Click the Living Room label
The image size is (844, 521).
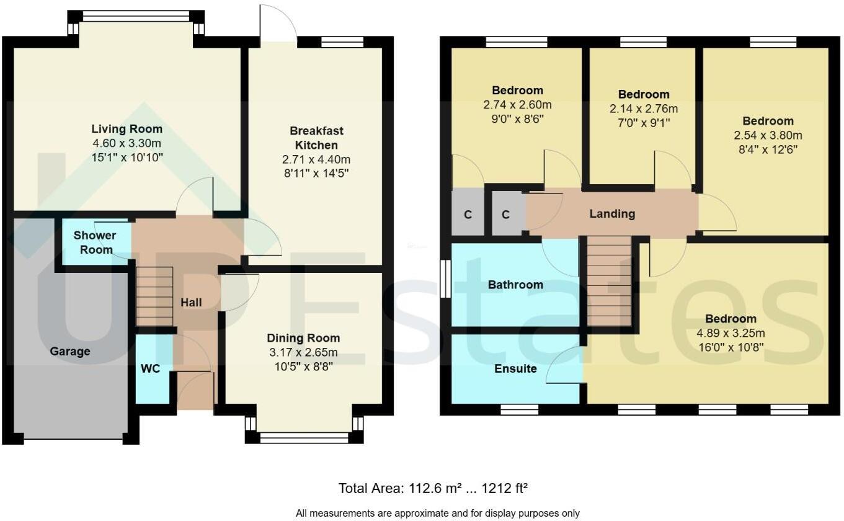click(x=127, y=129)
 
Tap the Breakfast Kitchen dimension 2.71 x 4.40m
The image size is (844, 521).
click(x=316, y=159)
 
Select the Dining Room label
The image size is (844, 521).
click(x=303, y=338)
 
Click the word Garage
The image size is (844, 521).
click(x=70, y=352)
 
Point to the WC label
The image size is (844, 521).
click(x=150, y=369)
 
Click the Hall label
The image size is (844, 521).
click(x=191, y=303)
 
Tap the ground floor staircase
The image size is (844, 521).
click(x=154, y=296)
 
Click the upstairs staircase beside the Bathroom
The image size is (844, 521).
click(x=609, y=283)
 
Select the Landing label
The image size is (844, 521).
click(x=612, y=214)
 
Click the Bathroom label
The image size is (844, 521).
click(x=515, y=285)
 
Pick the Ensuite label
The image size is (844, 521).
click(x=515, y=368)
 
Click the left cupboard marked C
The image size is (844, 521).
click(x=468, y=215)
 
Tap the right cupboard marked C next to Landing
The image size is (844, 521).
click(x=505, y=215)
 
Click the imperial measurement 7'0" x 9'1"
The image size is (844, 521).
click(x=644, y=122)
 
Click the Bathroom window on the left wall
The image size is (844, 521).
click(x=445, y=279)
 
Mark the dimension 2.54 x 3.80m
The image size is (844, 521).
click(x=768, y=135)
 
